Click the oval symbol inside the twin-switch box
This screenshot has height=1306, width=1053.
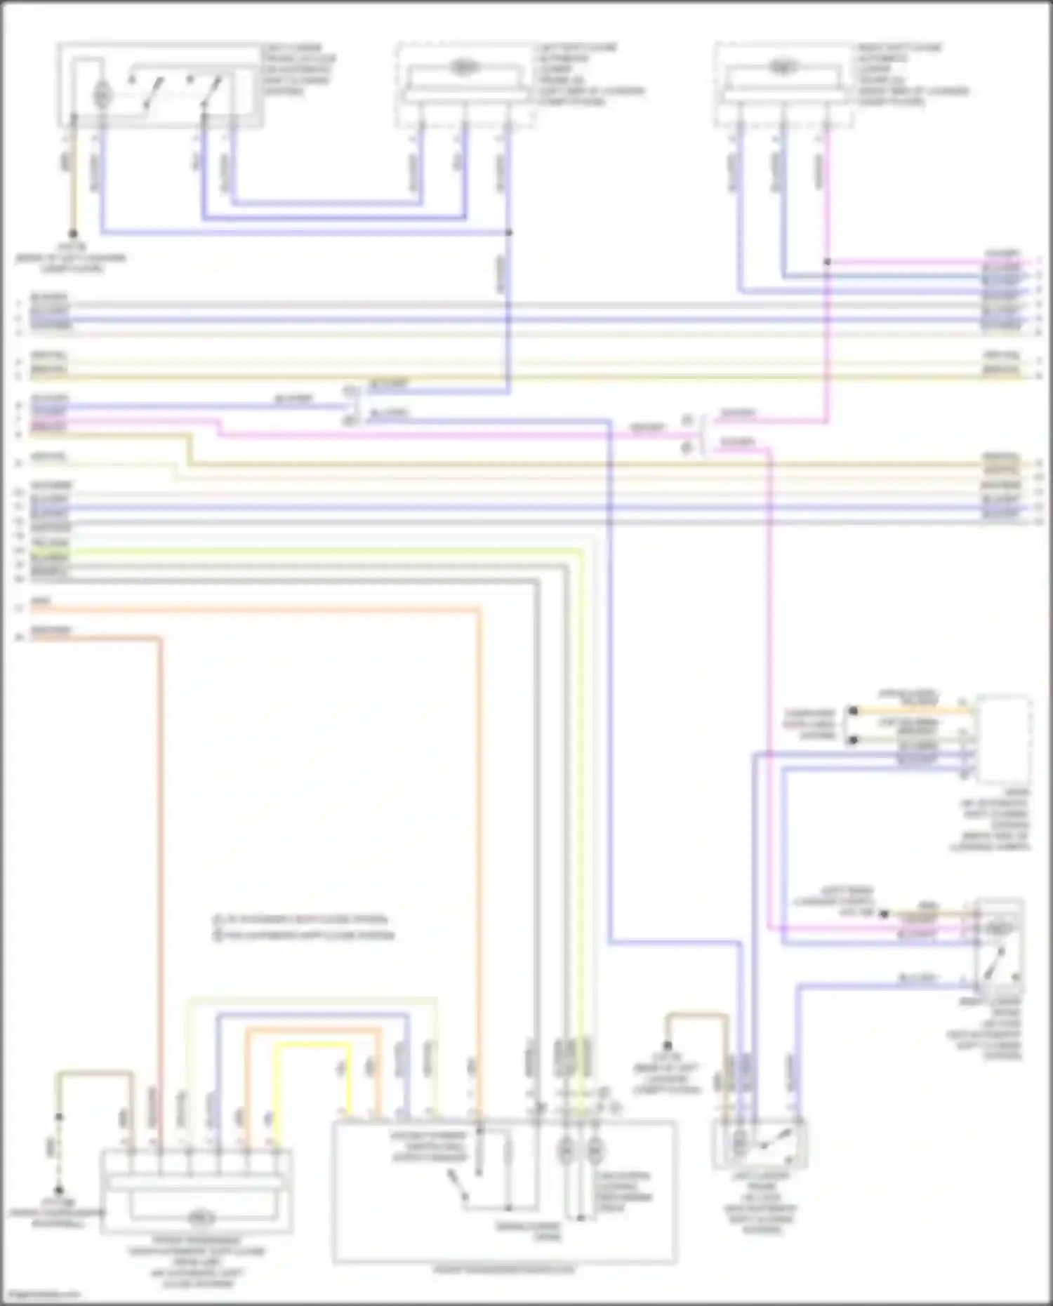(102, 93)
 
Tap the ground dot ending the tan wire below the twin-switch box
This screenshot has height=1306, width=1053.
(73, 234)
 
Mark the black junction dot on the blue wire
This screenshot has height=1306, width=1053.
(509, 232)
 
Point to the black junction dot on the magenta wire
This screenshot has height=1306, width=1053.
(827, 262)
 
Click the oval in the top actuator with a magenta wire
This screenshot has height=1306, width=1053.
(781, 68)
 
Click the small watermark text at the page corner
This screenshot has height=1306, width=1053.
(41, 1295)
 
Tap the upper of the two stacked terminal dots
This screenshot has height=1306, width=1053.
(853, 711)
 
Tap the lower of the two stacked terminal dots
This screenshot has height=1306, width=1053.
(853, 740)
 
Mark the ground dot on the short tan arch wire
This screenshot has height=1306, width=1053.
(668, 1046)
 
